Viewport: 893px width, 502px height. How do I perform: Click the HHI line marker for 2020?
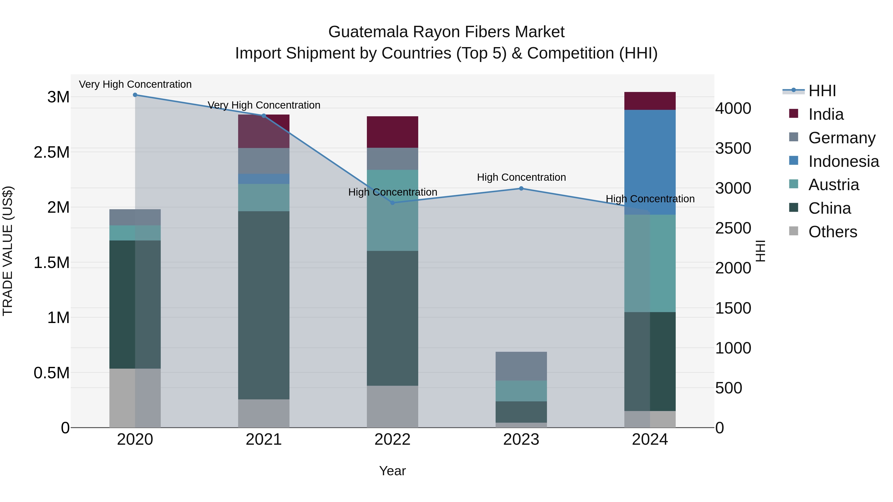[135, 95]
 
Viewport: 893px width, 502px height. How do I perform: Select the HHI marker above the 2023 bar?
[521, 188]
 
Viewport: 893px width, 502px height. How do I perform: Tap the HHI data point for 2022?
[392, 203]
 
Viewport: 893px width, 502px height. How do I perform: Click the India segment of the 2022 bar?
[392, 132]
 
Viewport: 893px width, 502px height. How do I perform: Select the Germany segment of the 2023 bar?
[521, 366]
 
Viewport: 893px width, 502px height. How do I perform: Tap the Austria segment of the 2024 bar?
[650, 263]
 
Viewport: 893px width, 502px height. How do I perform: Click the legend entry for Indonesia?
[843, 161]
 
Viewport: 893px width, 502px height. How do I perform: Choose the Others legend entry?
[832, 232]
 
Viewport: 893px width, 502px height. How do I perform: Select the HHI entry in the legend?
[822, 91]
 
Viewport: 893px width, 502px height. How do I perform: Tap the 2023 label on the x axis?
[521, 440]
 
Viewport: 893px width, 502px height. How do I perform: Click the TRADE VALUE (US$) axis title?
[8, 251]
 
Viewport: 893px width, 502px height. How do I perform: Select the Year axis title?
[392, 471]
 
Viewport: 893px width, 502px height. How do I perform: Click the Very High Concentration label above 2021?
[264, 105]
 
